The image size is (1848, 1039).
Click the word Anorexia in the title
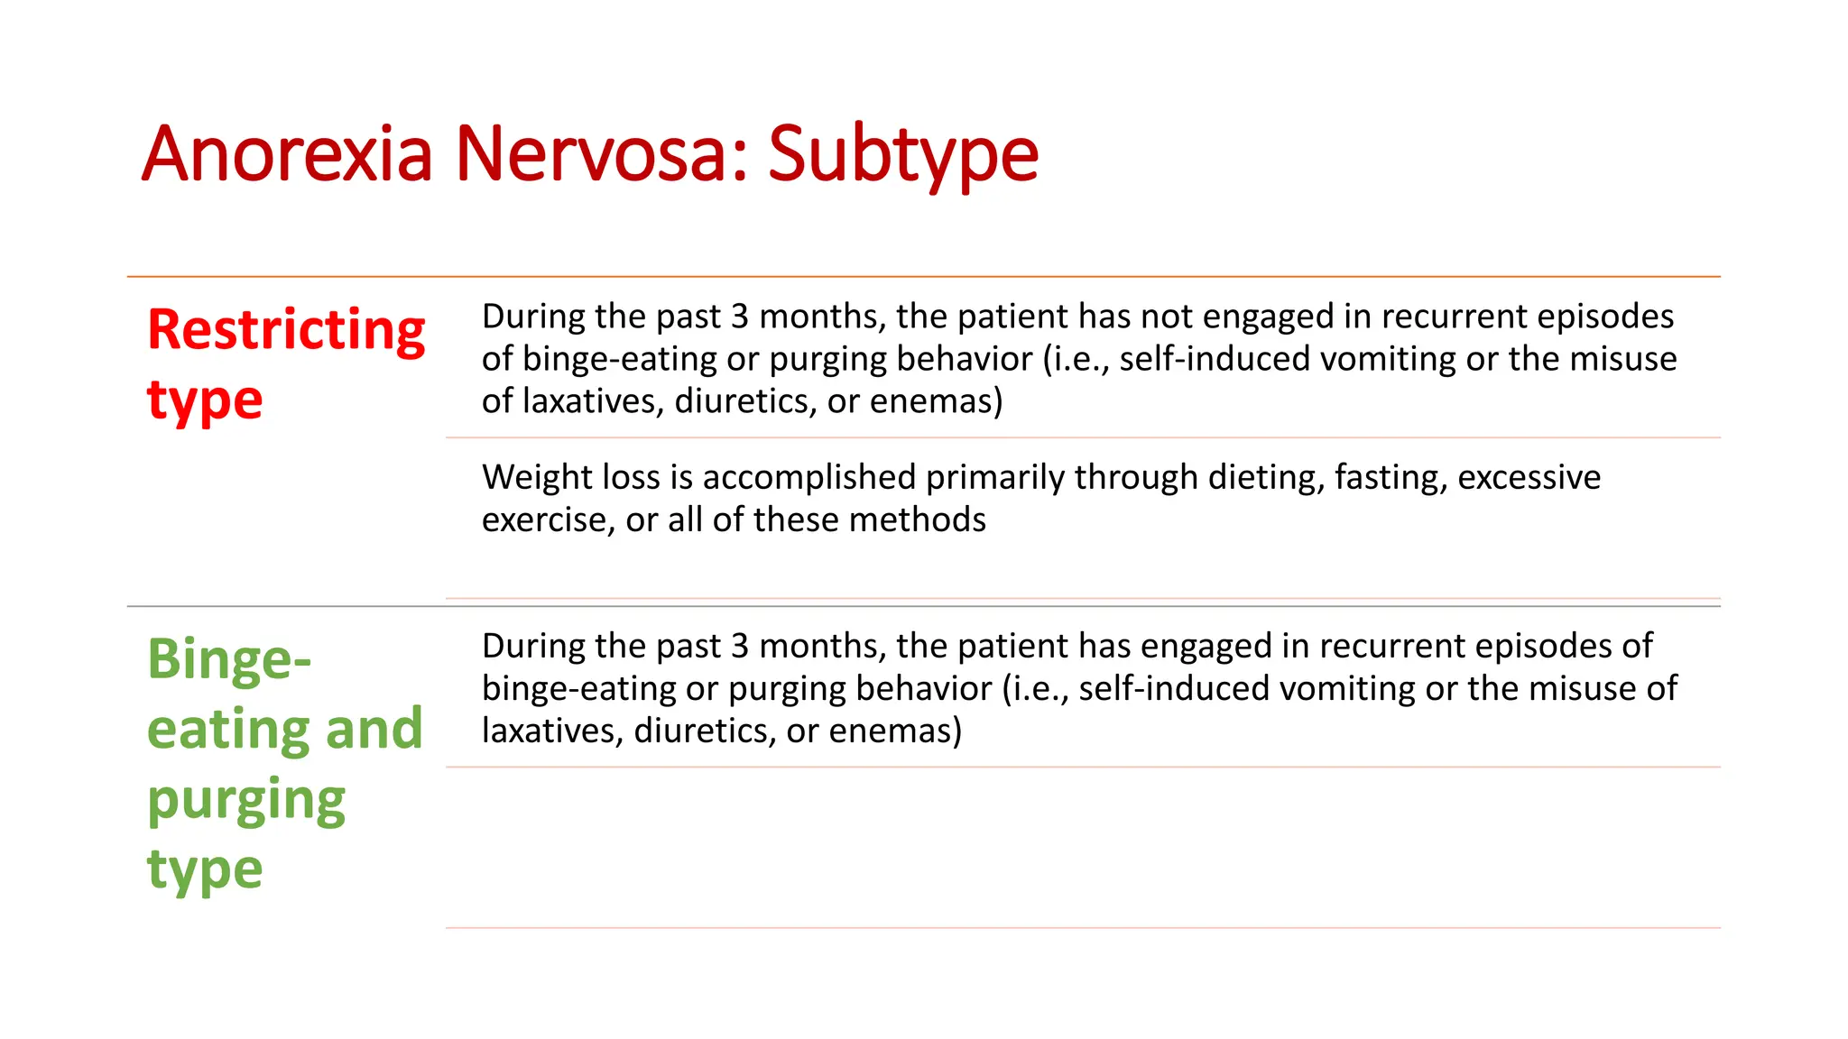pyautogui.click(x=287, y=153)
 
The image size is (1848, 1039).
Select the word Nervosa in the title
pyautogui.click(x=602, y=153)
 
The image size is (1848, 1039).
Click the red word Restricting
pyautogui.click(x=286, y=331)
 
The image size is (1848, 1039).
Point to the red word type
pyautogui.click(x=205, y=400)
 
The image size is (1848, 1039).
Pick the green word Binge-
pyautogui.click(x=229, y=659)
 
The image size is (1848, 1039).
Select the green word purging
pyautogui.click(x=246, y=801)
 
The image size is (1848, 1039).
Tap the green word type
pyautogui.click(x=205, y=870)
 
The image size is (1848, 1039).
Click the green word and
pyautogui.click(x=374, y=730)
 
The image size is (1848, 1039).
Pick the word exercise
pyautogui.click(x=544, y=520)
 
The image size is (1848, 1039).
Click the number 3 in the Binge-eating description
pyautogui.click(x=740, y=647)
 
